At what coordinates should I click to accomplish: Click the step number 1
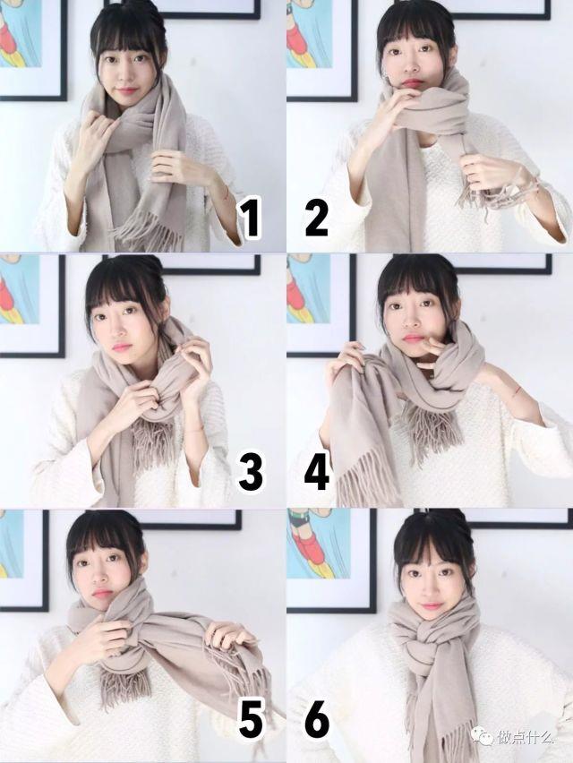(x=250, y=219)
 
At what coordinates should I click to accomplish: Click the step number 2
(x=316, y=219)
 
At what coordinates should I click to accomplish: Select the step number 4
(x=316, y=472)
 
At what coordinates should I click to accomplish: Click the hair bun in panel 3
(x=149, y=266)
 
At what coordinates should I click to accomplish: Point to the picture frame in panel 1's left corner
(x=31, y=49)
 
